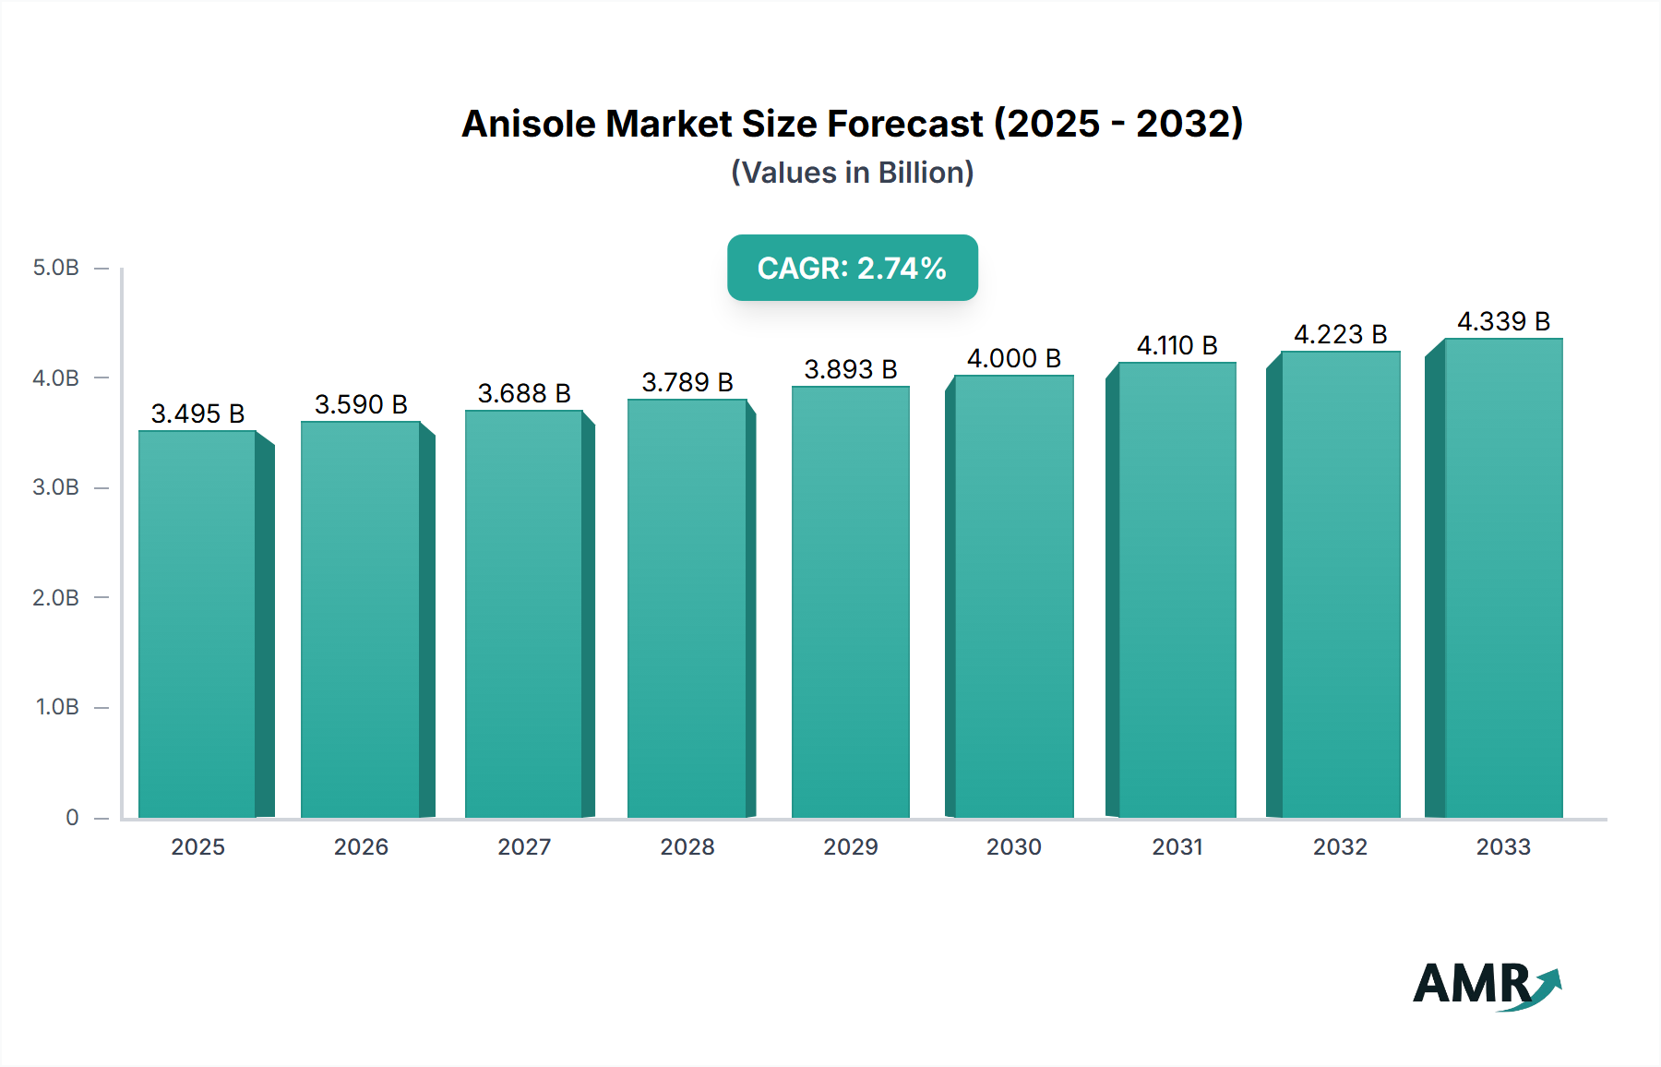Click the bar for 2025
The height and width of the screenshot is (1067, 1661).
[197, 624]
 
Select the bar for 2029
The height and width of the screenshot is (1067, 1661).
[850, 602]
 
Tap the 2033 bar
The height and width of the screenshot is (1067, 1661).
[1503, 578]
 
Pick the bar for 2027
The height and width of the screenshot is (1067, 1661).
[523, 614]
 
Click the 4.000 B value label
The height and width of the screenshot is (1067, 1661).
[1013, 358]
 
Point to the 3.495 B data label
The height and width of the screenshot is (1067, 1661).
[197, 414]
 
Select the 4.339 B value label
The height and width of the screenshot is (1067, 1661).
[1503, 321]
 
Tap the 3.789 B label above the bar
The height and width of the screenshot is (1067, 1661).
[687, 382]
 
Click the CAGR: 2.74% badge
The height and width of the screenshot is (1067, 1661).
[852, 268]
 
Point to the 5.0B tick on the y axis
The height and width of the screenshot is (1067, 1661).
[56, 268]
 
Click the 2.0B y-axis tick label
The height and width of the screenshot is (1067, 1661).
[56, 597]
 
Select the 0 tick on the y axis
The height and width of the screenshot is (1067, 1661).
[72, 817]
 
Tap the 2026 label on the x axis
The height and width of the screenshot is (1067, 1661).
[361, 846]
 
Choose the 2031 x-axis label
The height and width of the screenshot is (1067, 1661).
[1177, 846]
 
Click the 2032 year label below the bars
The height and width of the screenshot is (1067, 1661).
[1340, 846]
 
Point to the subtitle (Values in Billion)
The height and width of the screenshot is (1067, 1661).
[852, 173]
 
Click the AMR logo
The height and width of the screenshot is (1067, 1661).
[1486, 985]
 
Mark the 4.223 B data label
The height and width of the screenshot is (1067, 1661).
[1340, 334]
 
